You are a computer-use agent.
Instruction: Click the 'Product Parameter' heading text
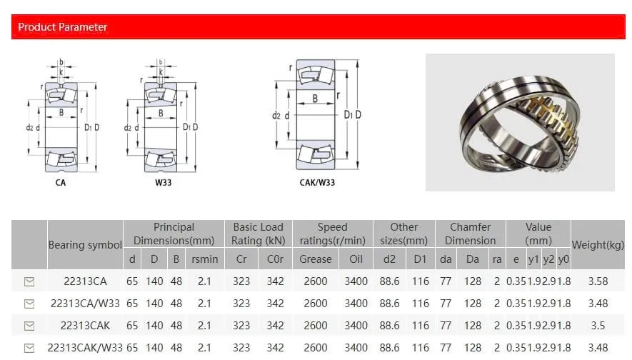click(62, 27)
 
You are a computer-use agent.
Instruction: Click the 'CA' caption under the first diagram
click(61, 183)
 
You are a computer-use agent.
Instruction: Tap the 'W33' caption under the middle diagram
click(164, 183)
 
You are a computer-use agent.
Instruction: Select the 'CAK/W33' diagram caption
click(317, 183)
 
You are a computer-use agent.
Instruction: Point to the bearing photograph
click(520, 123)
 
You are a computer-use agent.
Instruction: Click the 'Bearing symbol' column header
click(85, 245)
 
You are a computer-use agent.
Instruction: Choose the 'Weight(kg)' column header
click(598, 245)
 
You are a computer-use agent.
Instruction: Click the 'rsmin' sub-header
click(205, 259)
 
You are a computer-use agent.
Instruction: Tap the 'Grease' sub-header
click(315, 259)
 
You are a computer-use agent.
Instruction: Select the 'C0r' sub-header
click(275, 259)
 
